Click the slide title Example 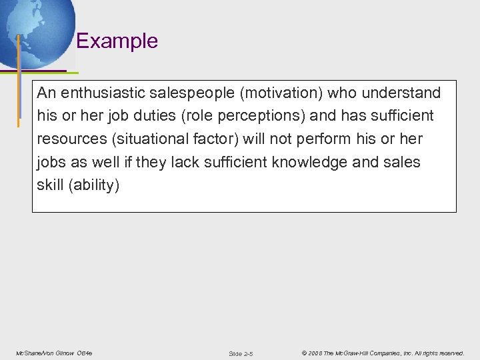tap(117, 41)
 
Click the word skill tap(51, 185)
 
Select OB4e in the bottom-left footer tap(85, 353)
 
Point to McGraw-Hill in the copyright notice tap(355, 353)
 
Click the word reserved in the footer tap(451, 353)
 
